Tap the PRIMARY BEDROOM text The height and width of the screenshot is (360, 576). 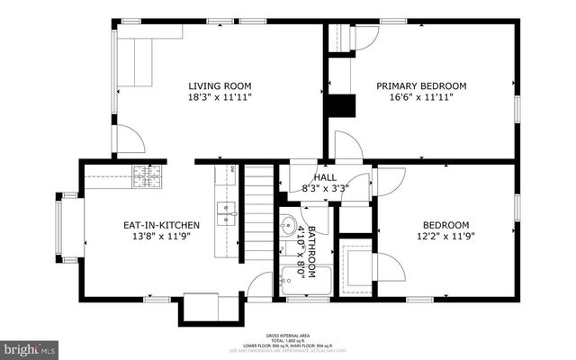[x=421, y=85]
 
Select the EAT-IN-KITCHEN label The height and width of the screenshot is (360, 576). [x=157, y=225]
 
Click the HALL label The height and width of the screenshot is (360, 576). [x=325, y=178]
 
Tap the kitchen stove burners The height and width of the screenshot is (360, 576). [x=147, y=172]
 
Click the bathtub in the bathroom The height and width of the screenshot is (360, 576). [x=293, y=278]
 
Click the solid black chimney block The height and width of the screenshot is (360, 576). [x=340, y=106]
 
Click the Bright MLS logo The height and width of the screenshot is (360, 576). [x=30, y=346]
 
